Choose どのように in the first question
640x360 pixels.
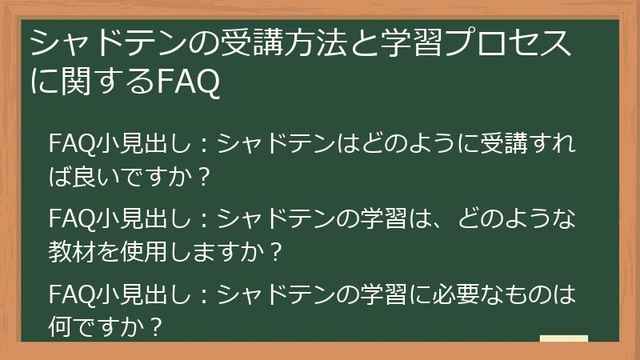coord(415,145)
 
